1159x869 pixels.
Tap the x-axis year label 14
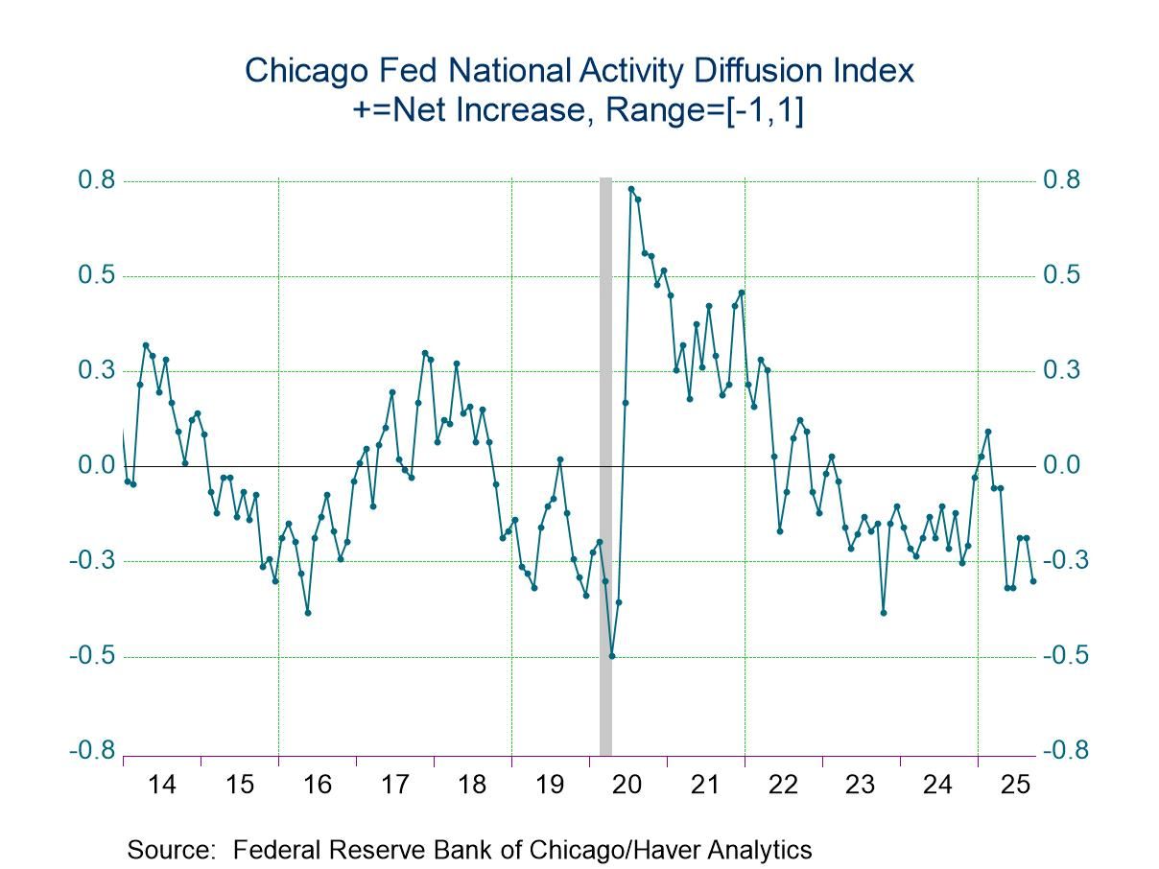pos(162,786)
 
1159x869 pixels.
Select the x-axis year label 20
pos(627,786)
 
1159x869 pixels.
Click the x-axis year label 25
pos(1015,786)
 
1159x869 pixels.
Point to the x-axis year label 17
pos(395,786)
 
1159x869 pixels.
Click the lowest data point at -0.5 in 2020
pos(612,656)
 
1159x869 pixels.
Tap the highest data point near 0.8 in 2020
pos(631,189)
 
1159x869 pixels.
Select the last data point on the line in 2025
pos(1033,580)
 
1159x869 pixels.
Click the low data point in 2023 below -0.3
pos(884,613)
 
